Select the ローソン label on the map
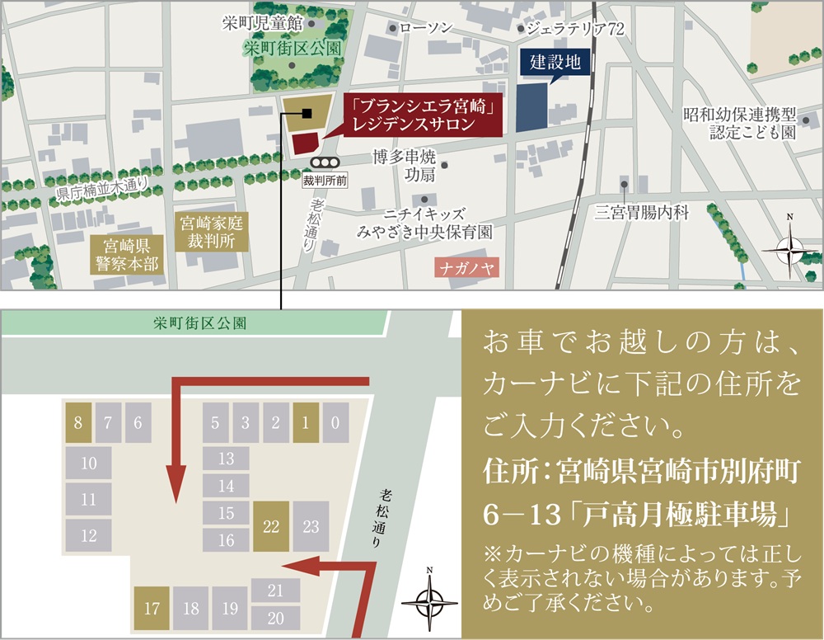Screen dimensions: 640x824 pos(426,28)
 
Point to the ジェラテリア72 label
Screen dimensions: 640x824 pos(576,29)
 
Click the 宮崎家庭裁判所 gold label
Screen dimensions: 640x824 pos(209,231)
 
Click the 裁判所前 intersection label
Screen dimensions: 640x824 pos(325,179)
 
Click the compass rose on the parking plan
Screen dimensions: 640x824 pos(428,602)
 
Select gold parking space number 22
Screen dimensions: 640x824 pos(270,526)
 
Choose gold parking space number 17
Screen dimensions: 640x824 pos(152,609)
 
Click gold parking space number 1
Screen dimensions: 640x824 pos(305,423)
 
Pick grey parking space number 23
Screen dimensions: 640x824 pos(311,526)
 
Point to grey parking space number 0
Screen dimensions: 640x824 pos(335,423)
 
